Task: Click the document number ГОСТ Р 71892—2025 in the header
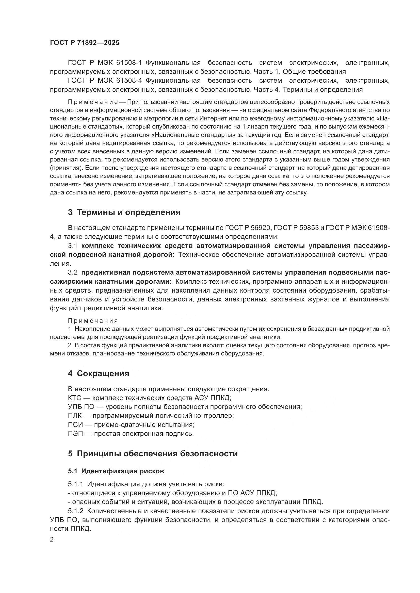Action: coord(85,43)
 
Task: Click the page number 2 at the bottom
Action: coord(52,540)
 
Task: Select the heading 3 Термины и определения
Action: coord(124,212)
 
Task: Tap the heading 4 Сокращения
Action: coord(98,373)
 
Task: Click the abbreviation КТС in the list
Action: coord(74,398)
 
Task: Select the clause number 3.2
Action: coord(73,273)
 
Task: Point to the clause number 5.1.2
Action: coord(76,511)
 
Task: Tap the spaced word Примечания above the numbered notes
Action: coord(93,321)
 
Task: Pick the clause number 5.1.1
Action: coord(75,484)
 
